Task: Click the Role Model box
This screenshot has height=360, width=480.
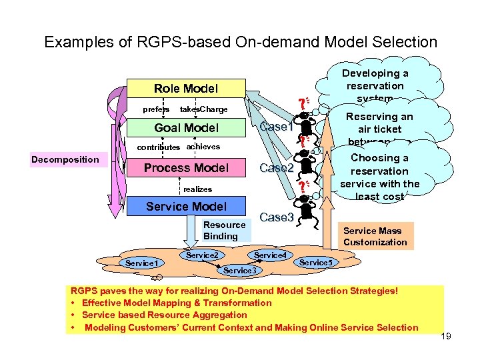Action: (186, 89)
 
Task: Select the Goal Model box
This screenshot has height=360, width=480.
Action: (186, 128)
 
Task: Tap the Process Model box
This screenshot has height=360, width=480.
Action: (186, 168)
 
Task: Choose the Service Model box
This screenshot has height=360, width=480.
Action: (186, 207)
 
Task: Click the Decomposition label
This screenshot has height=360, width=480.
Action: (65, 159)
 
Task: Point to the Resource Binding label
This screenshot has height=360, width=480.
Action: (220, 231)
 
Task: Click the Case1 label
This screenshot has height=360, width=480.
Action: (277, 127)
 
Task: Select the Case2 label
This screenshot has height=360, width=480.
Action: (277, 168)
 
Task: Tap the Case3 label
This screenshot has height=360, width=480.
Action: (277, 217)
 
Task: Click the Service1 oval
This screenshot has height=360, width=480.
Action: (141, 263)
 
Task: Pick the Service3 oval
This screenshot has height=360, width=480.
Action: (239, 270)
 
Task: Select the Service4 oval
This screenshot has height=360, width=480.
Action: (270, 255)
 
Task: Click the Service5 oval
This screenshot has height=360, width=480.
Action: (315, 263)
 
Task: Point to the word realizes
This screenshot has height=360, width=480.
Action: (197, 189)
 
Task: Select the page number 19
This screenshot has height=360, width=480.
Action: (446, 336)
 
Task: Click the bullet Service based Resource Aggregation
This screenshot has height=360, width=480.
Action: (164, 315)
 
